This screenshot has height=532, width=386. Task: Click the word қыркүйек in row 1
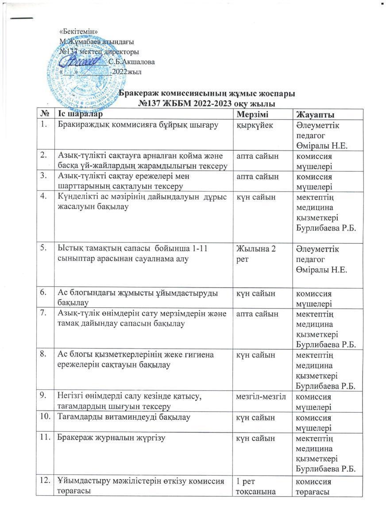click(255, 125)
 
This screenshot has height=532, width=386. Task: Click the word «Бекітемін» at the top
click(78, 31)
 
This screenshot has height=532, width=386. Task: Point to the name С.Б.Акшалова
click(131, 62)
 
